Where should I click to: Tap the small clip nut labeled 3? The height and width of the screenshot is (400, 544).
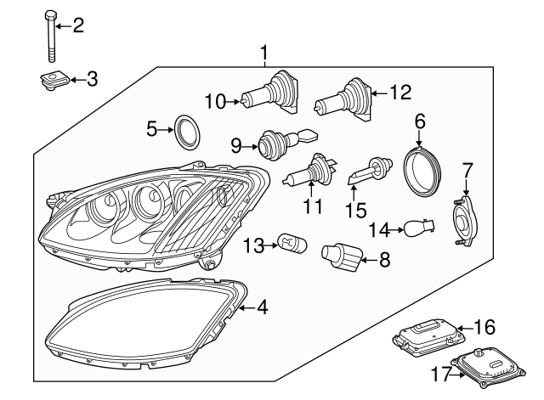(54, 81)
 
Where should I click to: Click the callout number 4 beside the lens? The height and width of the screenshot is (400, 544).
(262, 307)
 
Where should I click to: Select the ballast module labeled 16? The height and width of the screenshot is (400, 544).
(422, 336)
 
